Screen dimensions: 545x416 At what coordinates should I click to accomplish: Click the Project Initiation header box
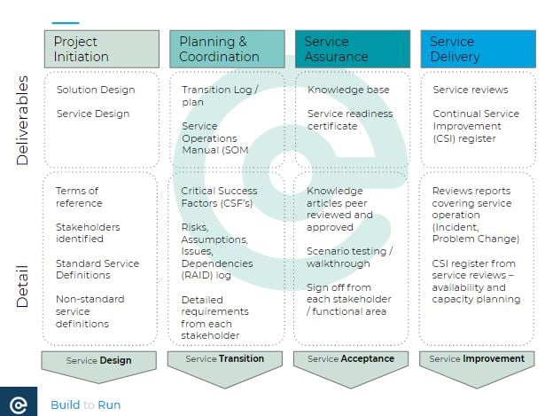[x=102, y=49]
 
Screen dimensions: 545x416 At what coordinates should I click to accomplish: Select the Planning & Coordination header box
[x=228, y=49]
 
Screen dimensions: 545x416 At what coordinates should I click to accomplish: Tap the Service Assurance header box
[x=353, y=49]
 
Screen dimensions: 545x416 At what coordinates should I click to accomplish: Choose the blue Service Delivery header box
[x=479, y=49]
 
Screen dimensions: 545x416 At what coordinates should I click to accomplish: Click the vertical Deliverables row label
[x=22, y=121]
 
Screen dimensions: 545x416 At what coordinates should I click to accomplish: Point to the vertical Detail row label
[x=22, y=286]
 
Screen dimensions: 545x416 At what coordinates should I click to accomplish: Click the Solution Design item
[x=96, y=90]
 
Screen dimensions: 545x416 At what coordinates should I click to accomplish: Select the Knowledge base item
[x=348, y=90]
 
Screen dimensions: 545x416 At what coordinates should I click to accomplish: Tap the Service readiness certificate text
[x=350, y=120]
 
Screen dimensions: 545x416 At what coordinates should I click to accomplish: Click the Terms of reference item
[x=79, y=197]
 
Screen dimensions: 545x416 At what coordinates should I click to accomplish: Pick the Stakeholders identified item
[x=88, y=232]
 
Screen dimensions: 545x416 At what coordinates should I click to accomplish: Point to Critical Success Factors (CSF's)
[x=219, y=197]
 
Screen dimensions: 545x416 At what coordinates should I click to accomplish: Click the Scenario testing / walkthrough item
[x=350, y=257]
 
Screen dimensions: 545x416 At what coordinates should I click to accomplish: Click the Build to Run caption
[x=85, y=404]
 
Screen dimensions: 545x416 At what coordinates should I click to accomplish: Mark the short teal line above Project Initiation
[x=66, y=23]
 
